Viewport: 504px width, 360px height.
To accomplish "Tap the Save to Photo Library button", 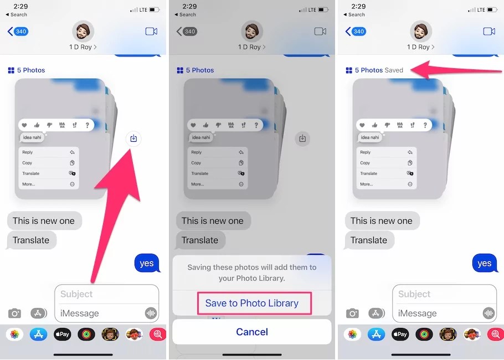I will point(252,303).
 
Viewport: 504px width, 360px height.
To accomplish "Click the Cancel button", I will point(252,332).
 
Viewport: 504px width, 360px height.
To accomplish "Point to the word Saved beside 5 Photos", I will point(394,70).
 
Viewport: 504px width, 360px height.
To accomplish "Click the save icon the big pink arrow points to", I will point(133,138).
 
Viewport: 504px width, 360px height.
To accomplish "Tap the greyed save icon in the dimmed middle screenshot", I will point(302,138).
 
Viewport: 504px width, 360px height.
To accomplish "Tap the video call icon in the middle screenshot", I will point(320,32).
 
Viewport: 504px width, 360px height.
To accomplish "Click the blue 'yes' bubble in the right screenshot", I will point(485,263).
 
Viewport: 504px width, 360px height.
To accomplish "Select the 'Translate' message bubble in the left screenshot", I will point(31,240).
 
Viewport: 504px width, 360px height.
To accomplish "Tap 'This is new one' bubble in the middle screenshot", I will point(213,220).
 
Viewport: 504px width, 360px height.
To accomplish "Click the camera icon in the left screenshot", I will point(14,313).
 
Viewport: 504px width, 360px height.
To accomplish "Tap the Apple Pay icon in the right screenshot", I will point(400,334).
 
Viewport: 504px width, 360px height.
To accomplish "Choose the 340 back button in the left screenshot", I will point(18,32).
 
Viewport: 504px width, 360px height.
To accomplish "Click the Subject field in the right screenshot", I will point(444,294).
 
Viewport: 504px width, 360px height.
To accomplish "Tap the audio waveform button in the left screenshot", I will point(150,313).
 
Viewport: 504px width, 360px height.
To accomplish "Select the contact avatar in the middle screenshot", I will point(252,30).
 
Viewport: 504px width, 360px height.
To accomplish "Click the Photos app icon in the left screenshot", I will point(14,334).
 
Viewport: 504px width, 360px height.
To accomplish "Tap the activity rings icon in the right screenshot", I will point(424,334).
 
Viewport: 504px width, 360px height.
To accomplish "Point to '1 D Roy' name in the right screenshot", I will point(420,47).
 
